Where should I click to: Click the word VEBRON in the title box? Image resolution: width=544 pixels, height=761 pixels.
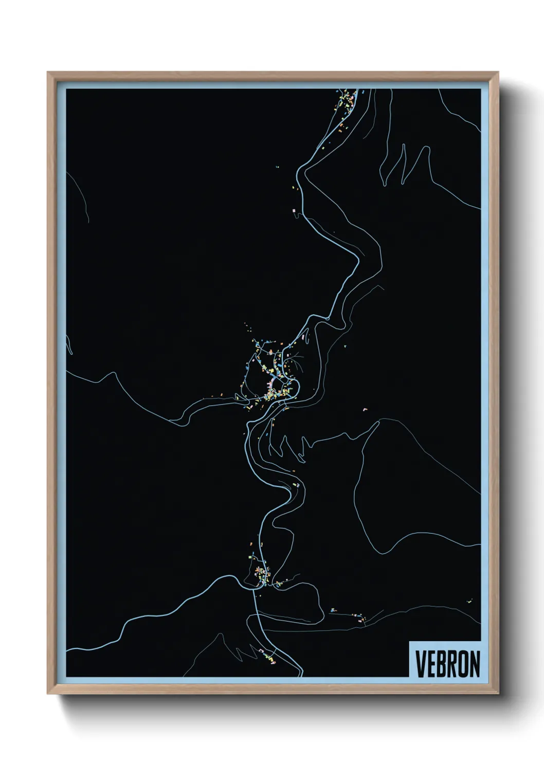(447, 664)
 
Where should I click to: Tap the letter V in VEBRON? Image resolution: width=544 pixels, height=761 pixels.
(421, 664)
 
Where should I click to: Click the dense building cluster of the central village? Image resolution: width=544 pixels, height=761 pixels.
(273, 388)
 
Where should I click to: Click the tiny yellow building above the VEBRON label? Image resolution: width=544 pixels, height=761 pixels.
(469, 600)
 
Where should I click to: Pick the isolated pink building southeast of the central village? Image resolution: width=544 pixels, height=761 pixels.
(365, 409)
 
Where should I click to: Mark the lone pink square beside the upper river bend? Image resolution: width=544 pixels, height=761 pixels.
(294, 210)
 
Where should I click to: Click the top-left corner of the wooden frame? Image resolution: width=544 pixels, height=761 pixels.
(48, 73)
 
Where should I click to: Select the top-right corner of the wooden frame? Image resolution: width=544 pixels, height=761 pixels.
(498, 73)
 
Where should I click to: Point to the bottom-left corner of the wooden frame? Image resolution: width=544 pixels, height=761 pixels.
(48, 694)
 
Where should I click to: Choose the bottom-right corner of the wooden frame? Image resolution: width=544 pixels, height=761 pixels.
(498, 694)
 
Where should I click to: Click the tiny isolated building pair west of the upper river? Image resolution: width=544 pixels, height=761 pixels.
(277, 167)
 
